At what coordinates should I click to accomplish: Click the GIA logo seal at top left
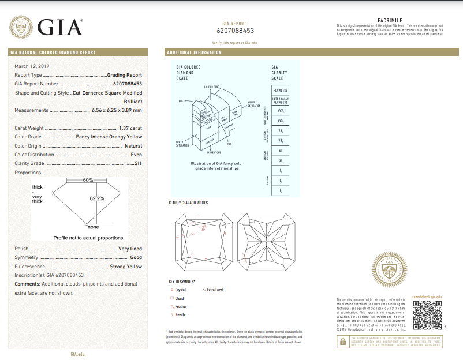click(x=22, y=28)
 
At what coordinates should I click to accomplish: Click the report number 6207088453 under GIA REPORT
click(x=235, y=31)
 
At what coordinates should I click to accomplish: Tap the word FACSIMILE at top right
click(x=389, y=20)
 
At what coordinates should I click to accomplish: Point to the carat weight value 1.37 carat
click(x=129, y=128)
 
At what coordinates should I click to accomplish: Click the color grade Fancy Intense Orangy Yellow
click(x=109, y=137)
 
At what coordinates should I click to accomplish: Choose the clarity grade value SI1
click(x=137, y=164)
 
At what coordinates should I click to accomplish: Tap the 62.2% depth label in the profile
click(x=96, y=198)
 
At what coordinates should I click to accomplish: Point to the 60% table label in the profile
click(x=88, y=181)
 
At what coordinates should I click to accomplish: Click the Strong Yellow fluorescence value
click(x=126, y=267)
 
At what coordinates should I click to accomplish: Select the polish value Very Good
click(x=130, y=249)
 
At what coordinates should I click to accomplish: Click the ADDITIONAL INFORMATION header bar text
click(x=194, y=52)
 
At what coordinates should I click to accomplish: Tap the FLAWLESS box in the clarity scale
click(x=280, y=91)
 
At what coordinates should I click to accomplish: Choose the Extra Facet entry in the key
click(x=215, y=290)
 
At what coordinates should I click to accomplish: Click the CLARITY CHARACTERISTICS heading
click(x=188, y=203)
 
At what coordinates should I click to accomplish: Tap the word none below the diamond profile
click(x=93, y=227)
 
